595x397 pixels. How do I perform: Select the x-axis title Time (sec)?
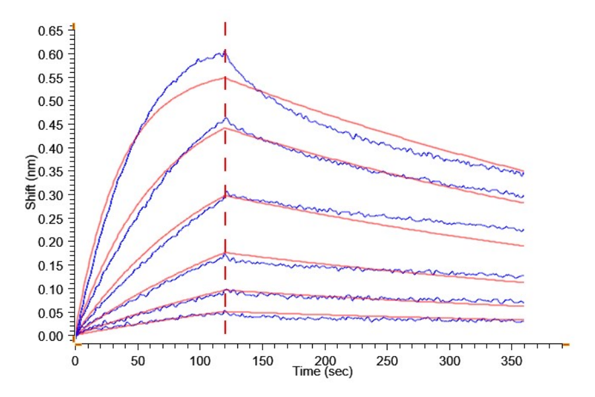pyautogui.click(x=323, y=372)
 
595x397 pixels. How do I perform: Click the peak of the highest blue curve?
pyautogui.click(x=225, y=50)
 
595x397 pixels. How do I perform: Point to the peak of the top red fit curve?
pyautogui.click(x=225, y=77)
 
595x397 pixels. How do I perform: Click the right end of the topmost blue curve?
pyautogui.click(x=524, y=174)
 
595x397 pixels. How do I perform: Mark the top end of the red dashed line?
pyautogui.click(x=225, y=22)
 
